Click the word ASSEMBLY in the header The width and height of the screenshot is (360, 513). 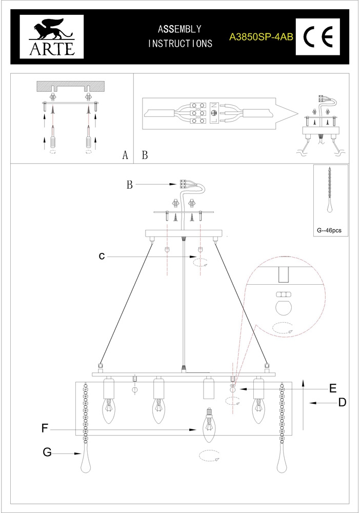(x=179, y=29)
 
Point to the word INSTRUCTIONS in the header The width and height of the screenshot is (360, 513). (x=179, y=44)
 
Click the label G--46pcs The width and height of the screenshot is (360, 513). (x=329, y=231)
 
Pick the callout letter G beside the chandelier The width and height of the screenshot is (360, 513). (x=47, y=452)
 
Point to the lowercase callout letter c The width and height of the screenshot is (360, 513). (x=102, y=256)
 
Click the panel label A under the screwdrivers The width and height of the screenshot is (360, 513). (x=125, y=155)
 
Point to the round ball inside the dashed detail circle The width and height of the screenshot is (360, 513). (x=284, y=307)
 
